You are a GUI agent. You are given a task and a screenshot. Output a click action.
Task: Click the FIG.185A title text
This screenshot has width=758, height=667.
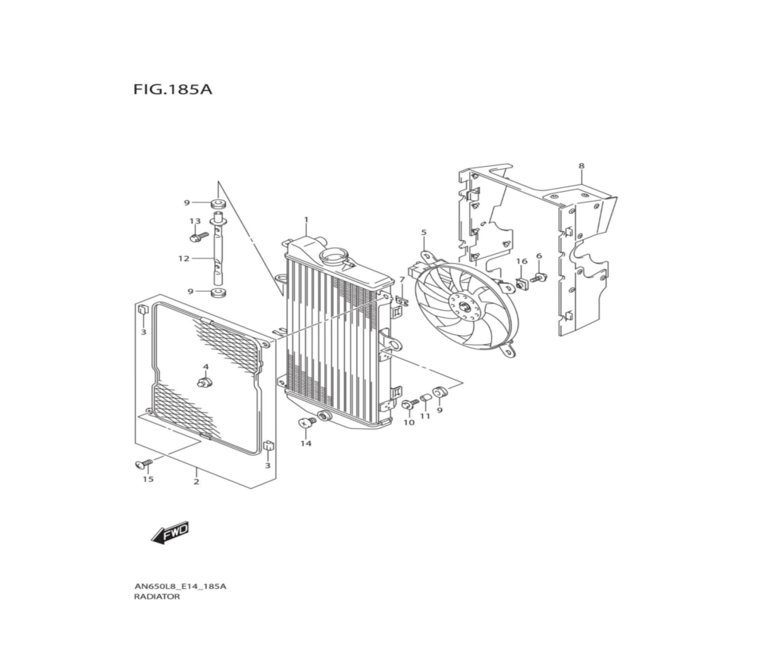click(x=173, y=90)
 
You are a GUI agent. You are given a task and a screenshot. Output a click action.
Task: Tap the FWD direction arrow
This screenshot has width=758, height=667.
click(x=170, y=534)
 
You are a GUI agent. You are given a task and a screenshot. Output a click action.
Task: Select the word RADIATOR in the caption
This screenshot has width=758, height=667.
click(x=157, y=597)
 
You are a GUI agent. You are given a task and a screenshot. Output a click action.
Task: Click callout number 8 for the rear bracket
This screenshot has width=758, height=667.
click(x=581, y=166)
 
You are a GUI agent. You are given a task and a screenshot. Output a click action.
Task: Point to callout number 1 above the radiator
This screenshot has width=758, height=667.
click(x=306, y=220)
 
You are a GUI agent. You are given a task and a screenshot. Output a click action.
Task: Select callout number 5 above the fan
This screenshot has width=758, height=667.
click(x=424, y=233)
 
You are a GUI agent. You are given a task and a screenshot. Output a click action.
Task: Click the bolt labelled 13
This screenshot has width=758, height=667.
click(x=198, y=237)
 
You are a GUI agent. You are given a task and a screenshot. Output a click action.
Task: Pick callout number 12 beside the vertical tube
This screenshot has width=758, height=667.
click(x=183, y=258)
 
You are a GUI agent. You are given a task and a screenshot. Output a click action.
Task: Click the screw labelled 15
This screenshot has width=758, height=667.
click(x=143, y=464)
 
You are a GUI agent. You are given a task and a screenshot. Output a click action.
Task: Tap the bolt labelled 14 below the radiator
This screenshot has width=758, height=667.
click(x=306, y=424)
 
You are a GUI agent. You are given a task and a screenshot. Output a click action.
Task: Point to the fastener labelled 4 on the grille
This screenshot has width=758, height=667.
click(x=206, y=384)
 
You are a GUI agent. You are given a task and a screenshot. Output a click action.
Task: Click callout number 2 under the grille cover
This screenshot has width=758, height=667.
click(x=196, y=482)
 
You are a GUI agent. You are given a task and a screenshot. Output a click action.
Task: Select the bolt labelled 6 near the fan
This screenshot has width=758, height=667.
click(x=538, y=278)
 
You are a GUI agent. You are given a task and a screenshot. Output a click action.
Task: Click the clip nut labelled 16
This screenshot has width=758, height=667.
click(x=522, y=283)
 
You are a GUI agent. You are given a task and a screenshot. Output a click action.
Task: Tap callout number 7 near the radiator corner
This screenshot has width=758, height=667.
click(x=401, y=280)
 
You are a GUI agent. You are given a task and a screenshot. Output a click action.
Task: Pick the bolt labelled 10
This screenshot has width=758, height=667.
click(x=409, y=403)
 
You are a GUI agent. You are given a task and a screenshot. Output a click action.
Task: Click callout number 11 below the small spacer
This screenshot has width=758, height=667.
click(x=425, y=415)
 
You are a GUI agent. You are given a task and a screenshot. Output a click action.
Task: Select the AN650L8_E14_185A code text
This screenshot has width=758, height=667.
click(x=180, y=587)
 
